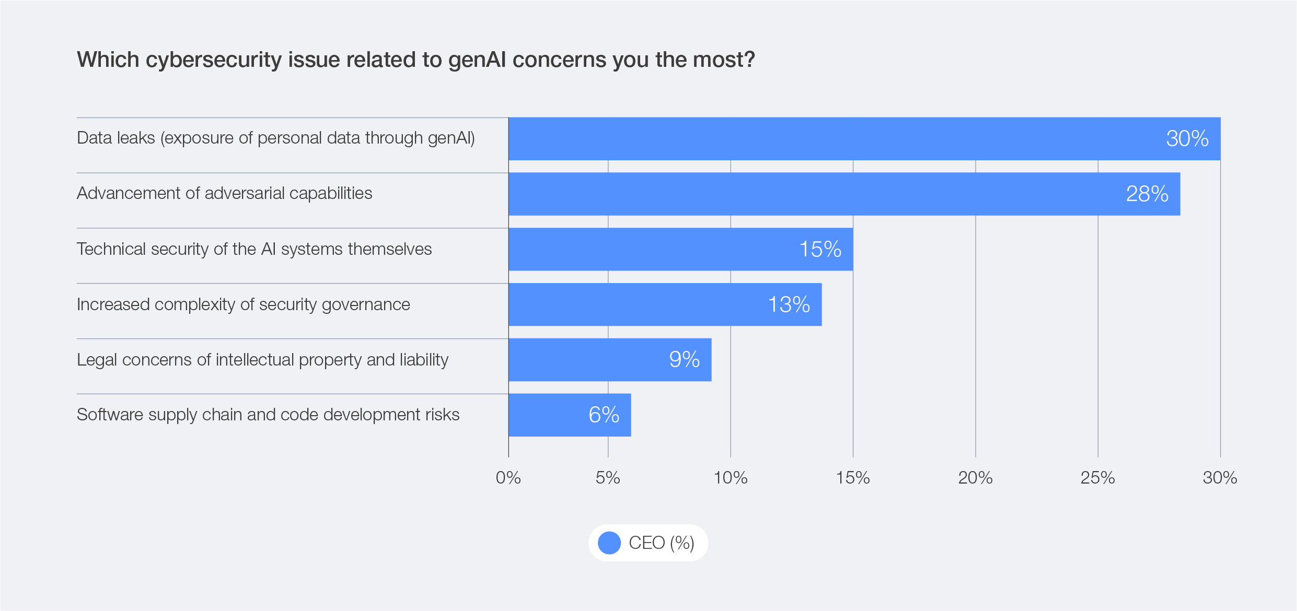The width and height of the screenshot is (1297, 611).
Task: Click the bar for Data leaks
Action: pyautogui.click(x=836, y=139)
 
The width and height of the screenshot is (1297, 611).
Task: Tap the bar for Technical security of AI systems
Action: pyautogui.click(x=653, y=250)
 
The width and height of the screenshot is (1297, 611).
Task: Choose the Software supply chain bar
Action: pyautogui.click(x=549, y=415)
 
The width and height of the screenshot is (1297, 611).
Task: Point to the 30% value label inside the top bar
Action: pyautogui.click(x=1187, y=139)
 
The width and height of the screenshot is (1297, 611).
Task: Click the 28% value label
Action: pyautogui.click(x=1147, y=194)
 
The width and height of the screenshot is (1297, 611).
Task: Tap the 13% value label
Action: pyautogui.click(x=789, y=305)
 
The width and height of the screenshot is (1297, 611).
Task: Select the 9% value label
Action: pyautogui.click(x=685, y=360)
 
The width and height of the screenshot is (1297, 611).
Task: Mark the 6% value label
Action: pyautogui.click(x=604, y=415)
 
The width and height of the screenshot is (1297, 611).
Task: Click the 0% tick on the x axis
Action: pyautogui.click(x=508, y=478)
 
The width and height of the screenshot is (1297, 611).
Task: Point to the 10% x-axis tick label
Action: pyautogui.click(x=731, y=478)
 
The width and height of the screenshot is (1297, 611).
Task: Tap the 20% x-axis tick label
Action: pyautogui.click(x=975, y=478)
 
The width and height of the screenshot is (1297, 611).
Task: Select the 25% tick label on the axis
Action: pyautogui.click(x=1097, y=478)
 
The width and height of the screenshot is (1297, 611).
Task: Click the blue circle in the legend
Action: pyautogui.click(x=609, y=543)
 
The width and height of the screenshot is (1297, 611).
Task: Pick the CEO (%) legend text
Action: pyautogui.click(x=662, y=543)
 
